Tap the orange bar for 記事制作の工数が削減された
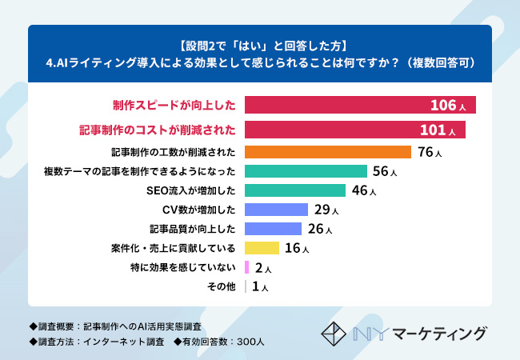point(327,152)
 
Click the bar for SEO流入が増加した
point(294,190)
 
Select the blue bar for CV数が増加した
point(276,210)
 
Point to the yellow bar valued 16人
point(262,248)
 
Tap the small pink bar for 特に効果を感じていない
point(246,267)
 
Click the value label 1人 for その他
point(260,286)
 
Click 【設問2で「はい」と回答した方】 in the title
point(260,43)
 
